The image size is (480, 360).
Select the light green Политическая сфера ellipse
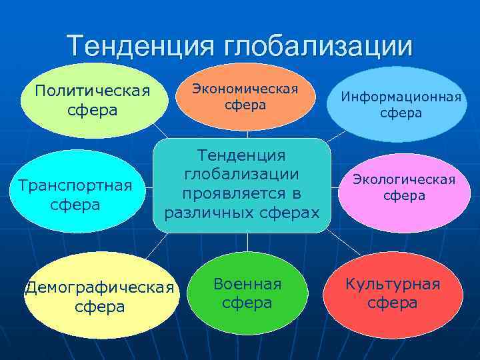pos(93,101)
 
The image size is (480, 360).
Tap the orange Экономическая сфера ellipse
pos(245,97)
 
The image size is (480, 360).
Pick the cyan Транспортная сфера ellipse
pos(75,191)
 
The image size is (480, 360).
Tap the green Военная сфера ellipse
pos(247,293)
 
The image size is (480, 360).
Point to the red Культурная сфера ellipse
pos(393,294)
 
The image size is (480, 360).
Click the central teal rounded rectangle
pos(242,185)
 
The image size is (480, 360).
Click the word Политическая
pos(93,90)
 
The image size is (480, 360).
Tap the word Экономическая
pos(245,88)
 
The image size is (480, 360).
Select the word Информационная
pos(401,97)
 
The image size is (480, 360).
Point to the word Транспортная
pos(75,185)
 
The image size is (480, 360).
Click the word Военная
pos(247,284)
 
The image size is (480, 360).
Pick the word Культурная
pos(393,284)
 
